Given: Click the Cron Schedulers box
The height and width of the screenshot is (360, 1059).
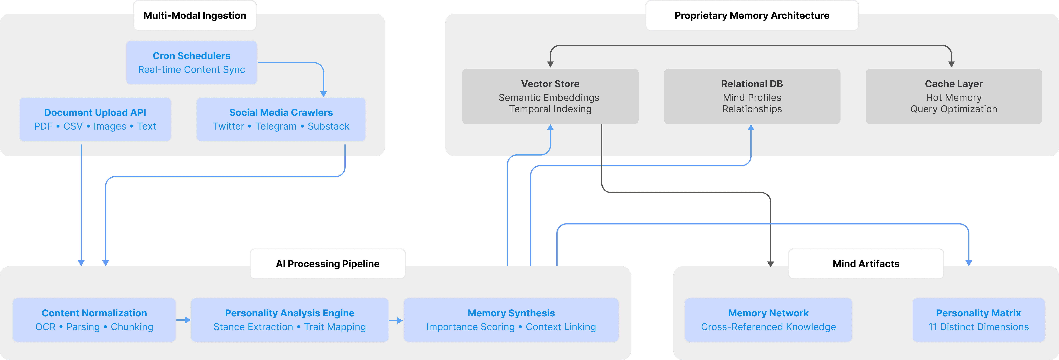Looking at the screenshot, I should point(192,63).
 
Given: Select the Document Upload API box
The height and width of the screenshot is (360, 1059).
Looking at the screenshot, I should point(95,119).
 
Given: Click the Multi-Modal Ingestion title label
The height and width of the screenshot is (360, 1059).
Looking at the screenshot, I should point(195,16).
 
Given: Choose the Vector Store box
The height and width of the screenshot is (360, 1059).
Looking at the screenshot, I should point(550,96).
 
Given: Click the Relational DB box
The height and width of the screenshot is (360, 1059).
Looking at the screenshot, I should point(752,96).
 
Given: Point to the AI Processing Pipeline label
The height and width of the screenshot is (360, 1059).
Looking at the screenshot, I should point(328,264).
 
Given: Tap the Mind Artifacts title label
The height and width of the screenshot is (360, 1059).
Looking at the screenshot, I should point(866,264).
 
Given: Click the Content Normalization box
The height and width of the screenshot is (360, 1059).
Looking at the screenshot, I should point(94,320).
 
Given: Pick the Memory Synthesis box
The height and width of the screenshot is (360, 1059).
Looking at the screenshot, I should point(511,320).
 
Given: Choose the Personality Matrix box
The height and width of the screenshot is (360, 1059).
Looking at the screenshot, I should point(978,320).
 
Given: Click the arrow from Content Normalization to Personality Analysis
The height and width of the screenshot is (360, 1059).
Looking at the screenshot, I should point(183,320).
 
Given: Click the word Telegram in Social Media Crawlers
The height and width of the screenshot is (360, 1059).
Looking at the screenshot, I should point(276,127).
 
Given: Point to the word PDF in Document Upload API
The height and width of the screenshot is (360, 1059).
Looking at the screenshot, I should point(43,127).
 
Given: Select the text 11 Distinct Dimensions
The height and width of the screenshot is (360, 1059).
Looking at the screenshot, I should point(978,327).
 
